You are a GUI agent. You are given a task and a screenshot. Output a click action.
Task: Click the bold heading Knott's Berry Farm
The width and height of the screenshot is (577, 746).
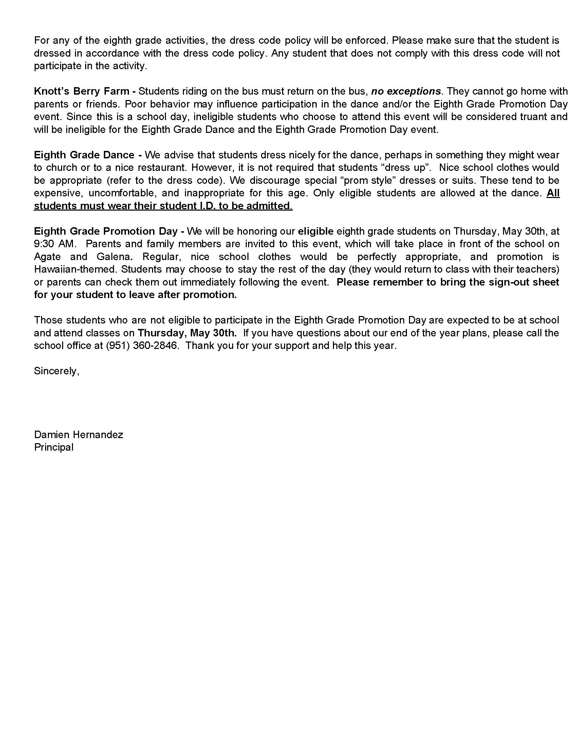[81, 91]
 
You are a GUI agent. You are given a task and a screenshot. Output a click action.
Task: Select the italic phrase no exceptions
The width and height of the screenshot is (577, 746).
[405, 91]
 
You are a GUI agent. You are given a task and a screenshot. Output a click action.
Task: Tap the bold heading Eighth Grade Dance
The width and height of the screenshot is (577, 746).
[84, 155]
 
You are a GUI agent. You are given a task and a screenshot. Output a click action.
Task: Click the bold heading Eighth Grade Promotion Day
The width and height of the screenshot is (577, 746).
[106, 231]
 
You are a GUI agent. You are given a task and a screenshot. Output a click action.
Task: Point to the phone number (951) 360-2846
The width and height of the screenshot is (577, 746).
[142, 345]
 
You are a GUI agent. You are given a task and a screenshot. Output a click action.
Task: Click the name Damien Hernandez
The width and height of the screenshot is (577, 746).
[78, 434]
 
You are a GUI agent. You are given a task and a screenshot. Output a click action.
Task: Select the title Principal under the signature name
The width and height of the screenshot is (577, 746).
[54, 447]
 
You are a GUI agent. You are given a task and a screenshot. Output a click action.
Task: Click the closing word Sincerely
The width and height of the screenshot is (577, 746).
[56, 371]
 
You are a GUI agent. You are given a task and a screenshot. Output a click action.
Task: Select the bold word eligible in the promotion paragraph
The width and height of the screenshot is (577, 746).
[316, 231]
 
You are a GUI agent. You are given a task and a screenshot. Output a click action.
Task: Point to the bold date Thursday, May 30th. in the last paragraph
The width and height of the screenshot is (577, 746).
[187, 333]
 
